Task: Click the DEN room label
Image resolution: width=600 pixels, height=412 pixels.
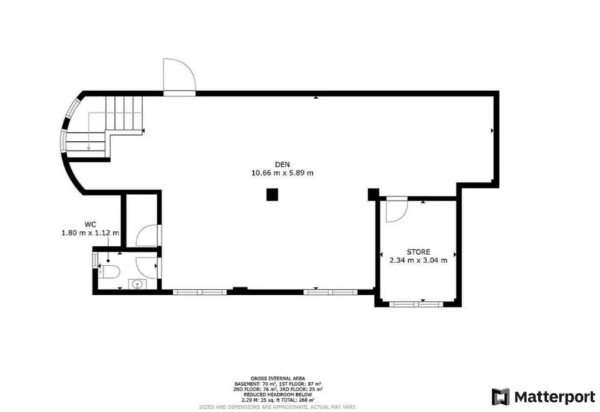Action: click(x=283, y=164)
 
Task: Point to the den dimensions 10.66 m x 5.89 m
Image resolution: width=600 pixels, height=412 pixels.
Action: click(x=283, y=173)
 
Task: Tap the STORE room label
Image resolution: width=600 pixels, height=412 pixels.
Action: click(x=418, y=252)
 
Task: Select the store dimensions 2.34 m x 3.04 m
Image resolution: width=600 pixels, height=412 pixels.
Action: click(x=418, y=260)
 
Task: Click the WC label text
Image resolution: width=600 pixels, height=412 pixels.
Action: click(x=91, y=225)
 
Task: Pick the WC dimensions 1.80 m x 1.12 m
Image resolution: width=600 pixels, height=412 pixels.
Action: click(x=91, y=233)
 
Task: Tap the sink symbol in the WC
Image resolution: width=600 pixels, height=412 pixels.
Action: click(x=137, y=285)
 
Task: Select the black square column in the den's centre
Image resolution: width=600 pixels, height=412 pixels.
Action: click(x=272, y=195)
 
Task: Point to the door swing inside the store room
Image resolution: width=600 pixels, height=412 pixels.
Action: click(x=397, y=210)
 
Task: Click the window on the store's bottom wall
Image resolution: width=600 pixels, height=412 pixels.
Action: click(x=416, y=304)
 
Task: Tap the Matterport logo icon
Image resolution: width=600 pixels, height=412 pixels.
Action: click(x=500, y=397)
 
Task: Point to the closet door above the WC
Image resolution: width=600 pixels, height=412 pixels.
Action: click(x=147, y=236)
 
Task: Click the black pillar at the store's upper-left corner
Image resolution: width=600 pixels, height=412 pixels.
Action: click(x=373, y=195)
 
